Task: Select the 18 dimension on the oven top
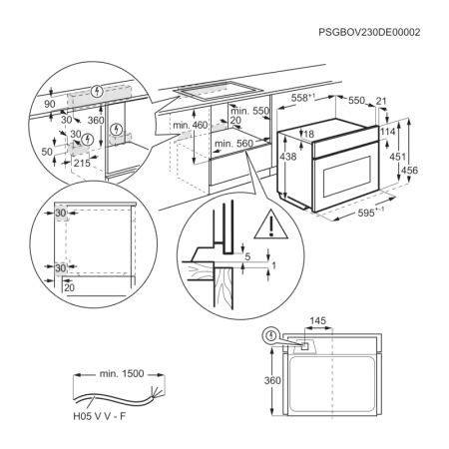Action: click(x=310, y=133)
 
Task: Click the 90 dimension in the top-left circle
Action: click(x=50, y=102)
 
